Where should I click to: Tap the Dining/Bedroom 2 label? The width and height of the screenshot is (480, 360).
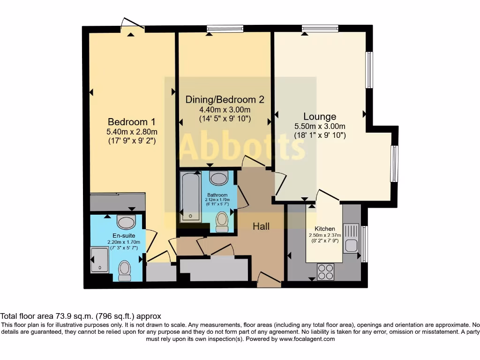(225, 99)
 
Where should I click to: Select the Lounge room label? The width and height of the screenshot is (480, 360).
(320, 117)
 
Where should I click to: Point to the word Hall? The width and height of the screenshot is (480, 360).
(261, 226)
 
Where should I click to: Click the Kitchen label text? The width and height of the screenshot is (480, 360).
(325, 229)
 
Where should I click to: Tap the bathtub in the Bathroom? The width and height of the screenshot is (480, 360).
(191, 197)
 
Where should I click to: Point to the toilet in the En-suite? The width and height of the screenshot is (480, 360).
(125, 270)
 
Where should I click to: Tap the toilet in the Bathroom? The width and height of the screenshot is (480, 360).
(222, 221)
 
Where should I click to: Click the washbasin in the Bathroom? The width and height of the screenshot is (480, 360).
(218, 178)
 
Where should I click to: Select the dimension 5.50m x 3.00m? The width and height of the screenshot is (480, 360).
(320, 126)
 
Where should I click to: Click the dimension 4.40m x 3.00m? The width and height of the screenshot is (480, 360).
(225, 110)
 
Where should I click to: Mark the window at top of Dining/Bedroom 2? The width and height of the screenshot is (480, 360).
(225, 29)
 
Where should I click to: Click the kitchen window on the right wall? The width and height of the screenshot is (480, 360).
(365, 244)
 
